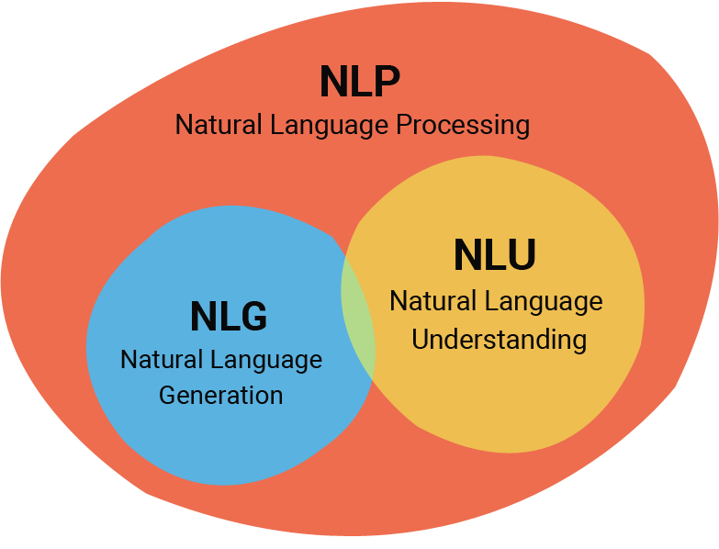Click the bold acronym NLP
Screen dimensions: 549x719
coord(359,82)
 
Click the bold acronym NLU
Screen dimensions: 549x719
coord(494,255)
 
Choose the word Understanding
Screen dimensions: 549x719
coord(499,340)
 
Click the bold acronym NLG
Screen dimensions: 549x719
coord(229,317)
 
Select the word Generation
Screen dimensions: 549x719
coord(220,396)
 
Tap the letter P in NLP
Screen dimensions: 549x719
coord(387,82)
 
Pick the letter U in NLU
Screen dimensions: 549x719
coord(521,255)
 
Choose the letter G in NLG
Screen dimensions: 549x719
coord(253,317)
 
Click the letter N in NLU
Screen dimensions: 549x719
coord(467,255)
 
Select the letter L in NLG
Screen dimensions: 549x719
coord(228,317)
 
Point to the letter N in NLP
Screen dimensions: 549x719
coord(333,82)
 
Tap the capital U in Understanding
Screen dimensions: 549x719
coord(420,340)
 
